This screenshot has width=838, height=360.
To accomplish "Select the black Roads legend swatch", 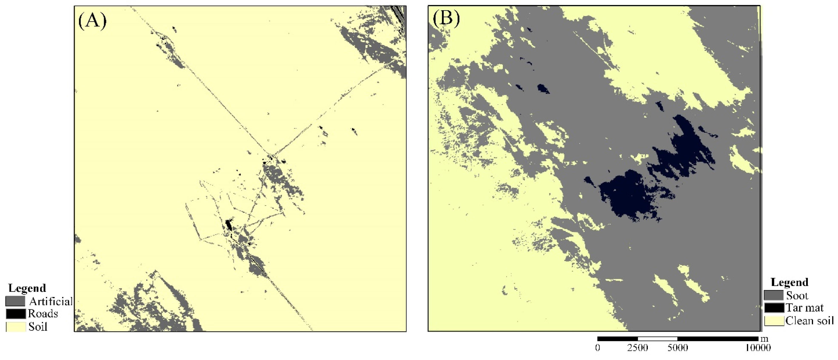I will point(15,313).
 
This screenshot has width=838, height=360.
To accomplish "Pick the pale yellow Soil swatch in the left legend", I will point(15,327).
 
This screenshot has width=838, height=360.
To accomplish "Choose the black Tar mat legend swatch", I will point(774,308).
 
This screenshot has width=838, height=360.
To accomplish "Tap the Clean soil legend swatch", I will point(774,321).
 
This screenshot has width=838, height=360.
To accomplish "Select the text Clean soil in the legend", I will point(809,321).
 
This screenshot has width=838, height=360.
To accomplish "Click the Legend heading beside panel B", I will point(789,282).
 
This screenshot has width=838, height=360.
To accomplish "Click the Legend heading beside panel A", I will point(27,288).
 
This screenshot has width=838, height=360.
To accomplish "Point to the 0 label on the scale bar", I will point(598,348).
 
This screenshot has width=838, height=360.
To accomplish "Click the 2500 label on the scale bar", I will point(638,348).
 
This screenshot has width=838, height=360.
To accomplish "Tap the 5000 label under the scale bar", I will point(678,348).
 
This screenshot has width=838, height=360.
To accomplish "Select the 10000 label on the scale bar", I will point(758,348).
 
